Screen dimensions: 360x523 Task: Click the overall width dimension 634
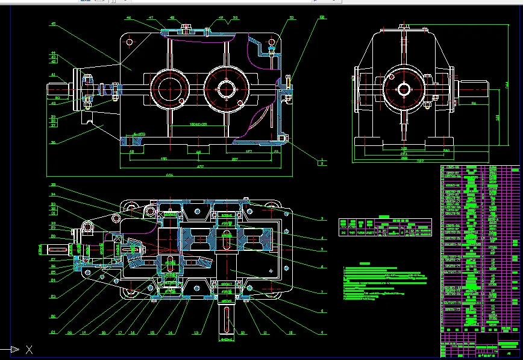click(169, 175)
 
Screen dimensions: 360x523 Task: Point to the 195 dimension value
click(146, 159)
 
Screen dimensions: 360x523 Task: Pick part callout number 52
click(322, 18)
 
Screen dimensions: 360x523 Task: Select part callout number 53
click(292, 18)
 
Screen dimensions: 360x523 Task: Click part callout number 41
click(53, 75)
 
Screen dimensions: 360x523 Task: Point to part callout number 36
click(53, 143)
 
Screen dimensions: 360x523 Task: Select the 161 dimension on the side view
click(497, 117)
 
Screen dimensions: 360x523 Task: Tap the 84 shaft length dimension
click(474, 104)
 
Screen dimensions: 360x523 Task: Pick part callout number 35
click(53, 185)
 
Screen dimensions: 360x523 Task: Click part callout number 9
click(322, 332)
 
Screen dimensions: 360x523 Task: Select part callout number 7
click(322, 292)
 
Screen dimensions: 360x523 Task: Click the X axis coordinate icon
click(28, 349)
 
